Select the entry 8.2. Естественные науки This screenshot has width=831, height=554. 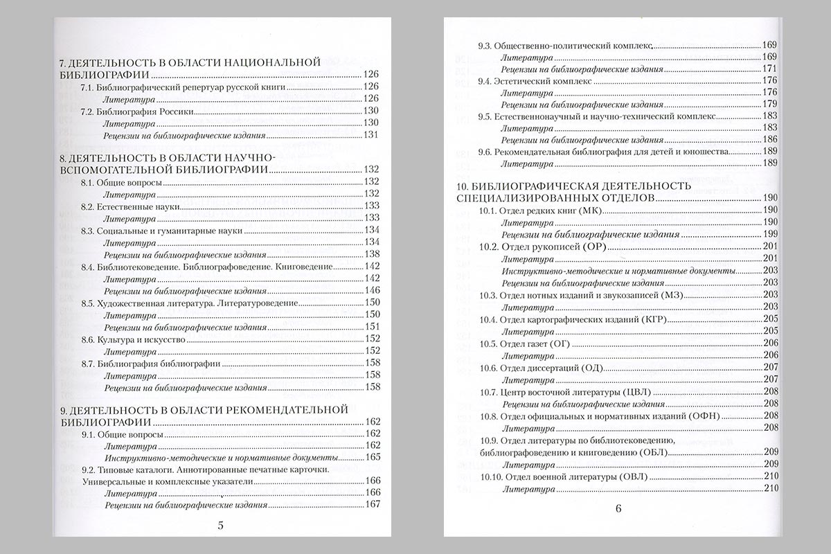pyautogui.click(x=130, y=206)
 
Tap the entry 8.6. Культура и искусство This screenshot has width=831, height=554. pyautogui.click(x=136, y=339)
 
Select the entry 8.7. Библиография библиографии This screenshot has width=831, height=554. pyautogui.click(x=150, y=364)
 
